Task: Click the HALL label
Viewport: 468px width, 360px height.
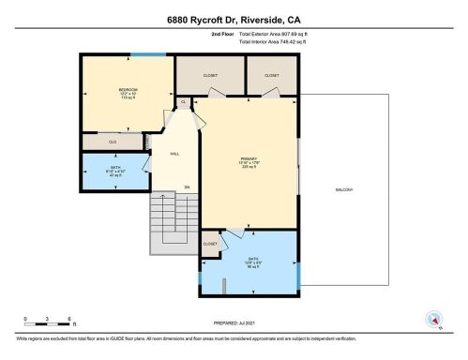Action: (x=174, y=153)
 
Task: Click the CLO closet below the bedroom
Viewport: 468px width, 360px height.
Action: (x=112, y=141)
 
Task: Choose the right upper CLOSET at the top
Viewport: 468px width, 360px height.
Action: (x=271, y=74)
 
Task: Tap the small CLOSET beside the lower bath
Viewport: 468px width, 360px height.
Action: (x=210, y=244)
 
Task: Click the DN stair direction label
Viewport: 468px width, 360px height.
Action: (x=186, y=188)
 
